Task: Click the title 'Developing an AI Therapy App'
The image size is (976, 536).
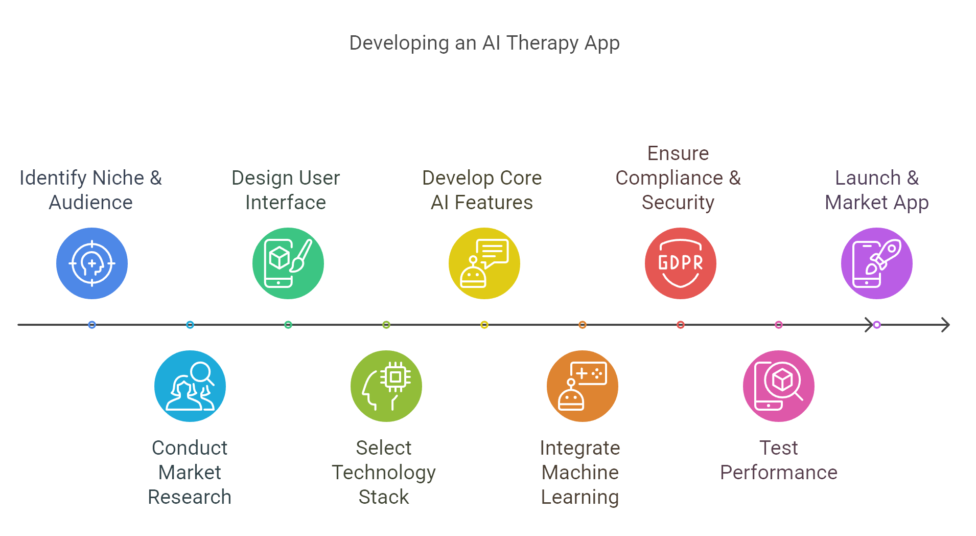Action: point(484,43)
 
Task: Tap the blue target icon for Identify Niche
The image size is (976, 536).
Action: point(92,263)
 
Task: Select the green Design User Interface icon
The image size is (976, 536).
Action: point(288,263)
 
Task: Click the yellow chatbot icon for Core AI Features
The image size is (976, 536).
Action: point(484,263)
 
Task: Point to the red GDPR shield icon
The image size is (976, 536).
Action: point(681,263)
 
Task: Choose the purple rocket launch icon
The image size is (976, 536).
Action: point(877,263)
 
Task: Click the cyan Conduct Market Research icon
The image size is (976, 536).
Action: point(190,386)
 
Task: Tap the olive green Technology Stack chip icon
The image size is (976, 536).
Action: point(386,386)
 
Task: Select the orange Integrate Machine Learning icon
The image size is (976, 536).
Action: point(583,386)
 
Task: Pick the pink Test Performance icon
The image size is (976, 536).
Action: point(779,386)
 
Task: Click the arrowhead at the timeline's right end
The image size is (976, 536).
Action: point(946,325)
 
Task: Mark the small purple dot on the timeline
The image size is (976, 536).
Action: point(877,325)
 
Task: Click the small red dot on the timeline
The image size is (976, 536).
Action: point(681,325)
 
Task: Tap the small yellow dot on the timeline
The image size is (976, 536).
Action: point(484,325)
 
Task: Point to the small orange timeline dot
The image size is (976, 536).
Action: point(583,325)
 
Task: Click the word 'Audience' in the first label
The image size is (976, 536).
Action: point(91,203)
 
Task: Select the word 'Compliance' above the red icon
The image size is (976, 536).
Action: point(669,178)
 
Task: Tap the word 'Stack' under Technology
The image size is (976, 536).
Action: point(384,497)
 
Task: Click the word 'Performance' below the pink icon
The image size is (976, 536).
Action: point(779,473)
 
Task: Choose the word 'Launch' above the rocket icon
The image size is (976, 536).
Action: point(868,178)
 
